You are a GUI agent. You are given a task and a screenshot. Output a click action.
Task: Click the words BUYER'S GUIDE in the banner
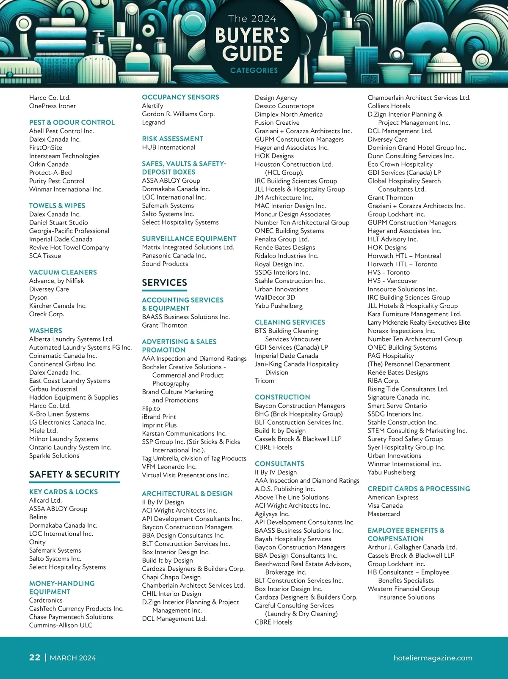(253, 44)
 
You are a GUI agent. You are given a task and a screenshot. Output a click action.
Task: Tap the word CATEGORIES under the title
(254, 70)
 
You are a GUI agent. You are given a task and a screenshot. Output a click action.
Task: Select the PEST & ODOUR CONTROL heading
(72, 122)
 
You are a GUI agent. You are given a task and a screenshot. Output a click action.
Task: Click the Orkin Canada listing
(49, 164)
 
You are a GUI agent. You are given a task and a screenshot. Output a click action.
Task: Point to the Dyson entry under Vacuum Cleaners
(38, 297)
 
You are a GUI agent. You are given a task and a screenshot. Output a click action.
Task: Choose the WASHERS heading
(46, 331)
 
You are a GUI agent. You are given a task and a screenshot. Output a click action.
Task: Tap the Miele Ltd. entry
(43, 430)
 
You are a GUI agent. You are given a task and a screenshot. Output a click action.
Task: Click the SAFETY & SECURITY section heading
(75, 474)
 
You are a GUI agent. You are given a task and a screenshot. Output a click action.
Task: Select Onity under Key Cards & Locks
(37, 542)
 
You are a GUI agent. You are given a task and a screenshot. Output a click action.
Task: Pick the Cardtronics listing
(46, 600)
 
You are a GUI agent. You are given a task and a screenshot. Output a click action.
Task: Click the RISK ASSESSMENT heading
(173, 139)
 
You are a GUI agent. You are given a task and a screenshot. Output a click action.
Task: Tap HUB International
(168, 147)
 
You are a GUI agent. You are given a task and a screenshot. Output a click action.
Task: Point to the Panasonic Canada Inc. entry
(174, 255)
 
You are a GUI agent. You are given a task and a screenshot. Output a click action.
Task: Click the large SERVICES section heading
(164, 282)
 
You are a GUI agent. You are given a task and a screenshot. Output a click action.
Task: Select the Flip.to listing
(151, 408)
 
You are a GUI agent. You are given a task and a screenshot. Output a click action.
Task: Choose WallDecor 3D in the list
(275, 297)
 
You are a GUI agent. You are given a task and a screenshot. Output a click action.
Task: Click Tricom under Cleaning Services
(264, 381)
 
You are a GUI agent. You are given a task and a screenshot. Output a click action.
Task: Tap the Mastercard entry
(384, 514)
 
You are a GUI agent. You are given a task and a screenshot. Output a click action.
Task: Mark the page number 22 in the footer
(35, 657)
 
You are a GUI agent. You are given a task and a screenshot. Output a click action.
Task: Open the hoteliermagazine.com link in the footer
(433, 658)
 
